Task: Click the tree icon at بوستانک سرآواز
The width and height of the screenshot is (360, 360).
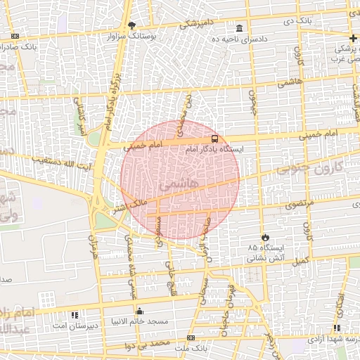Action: point(131,25)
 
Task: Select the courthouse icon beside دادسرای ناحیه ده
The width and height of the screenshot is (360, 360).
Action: point(240,29)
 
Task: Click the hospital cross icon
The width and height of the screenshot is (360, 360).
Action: point(352,38)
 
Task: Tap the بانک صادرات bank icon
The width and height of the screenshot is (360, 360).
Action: point(14,36)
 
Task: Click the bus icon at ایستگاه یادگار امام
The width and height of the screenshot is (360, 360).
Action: point(214,139)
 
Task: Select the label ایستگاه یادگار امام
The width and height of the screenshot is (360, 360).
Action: point(214,150)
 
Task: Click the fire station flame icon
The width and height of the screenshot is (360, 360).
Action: point(265,237)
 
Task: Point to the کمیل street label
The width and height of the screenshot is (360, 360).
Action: point(302,262)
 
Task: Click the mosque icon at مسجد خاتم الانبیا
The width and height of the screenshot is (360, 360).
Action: point(139,311)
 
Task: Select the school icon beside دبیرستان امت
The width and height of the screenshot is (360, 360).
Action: point(75,314)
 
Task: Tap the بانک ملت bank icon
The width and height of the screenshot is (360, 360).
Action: point(191,338)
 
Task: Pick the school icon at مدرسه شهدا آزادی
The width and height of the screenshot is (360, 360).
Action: point(337,328)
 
